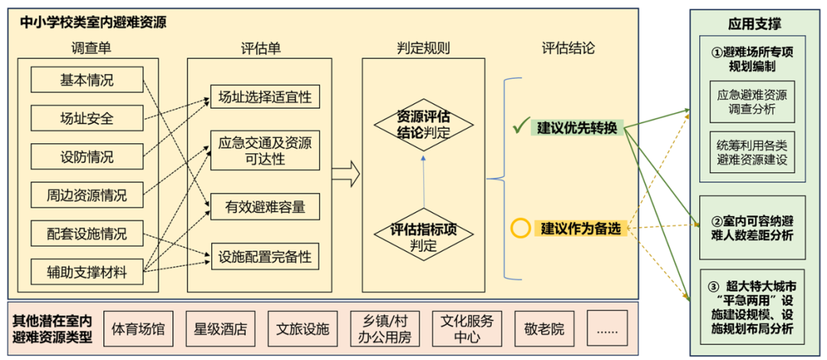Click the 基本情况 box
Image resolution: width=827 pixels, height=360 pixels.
pos(87,80)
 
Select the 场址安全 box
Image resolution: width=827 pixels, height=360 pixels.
pos(87,118)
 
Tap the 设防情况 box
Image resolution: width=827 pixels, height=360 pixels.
pos(87,156)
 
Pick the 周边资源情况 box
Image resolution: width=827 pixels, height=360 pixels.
pos(87,195)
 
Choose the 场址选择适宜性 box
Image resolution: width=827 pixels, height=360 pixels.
pos(265,98)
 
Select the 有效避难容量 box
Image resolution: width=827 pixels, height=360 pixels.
pos(265,207)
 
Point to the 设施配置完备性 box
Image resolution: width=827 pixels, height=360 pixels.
pos(265,257)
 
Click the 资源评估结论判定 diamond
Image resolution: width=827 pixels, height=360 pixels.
pos(423,125)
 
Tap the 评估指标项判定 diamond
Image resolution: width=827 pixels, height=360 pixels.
pos(423,237)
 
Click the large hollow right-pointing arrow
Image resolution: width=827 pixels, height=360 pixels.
pos(345,174)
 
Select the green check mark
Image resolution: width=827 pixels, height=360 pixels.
pos(521,126)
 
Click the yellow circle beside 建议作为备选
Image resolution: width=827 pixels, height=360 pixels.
pos(521,227)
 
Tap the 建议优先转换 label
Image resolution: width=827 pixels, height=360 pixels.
pos(577,127)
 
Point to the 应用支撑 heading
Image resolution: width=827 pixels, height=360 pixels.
pos(754,24)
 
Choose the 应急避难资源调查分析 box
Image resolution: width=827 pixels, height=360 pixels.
pos(752,103)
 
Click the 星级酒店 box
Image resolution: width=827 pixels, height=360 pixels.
pos(221,329)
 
